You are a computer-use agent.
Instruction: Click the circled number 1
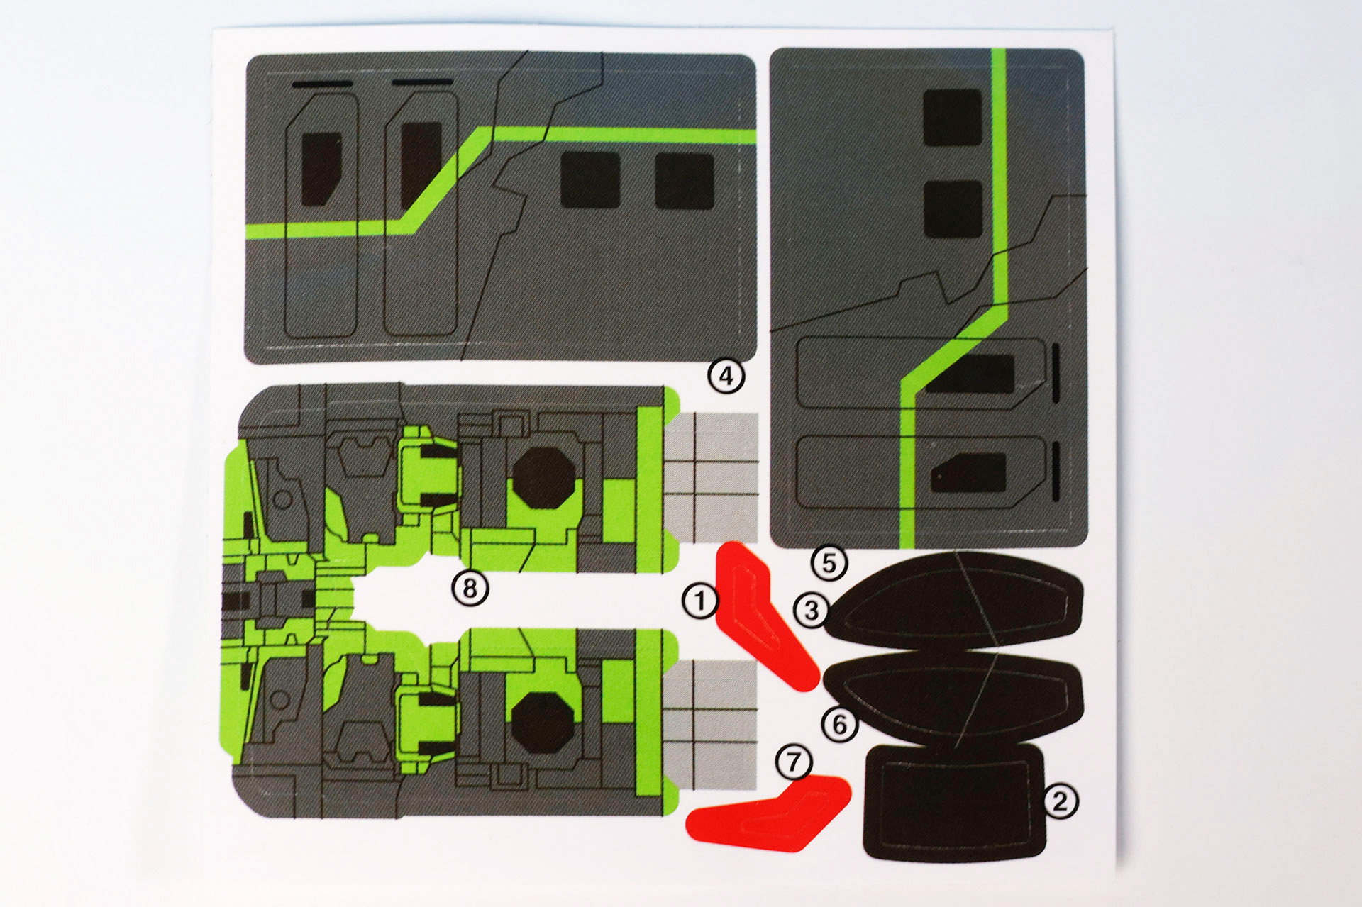(x=700, y=601)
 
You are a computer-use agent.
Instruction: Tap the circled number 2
(x=1060, y=801)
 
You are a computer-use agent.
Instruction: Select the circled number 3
(x=812, y=610)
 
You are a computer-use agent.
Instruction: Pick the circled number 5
(x=829, y=563)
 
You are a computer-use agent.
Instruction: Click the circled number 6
(x=839, y=724)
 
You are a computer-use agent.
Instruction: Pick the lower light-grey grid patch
(x=711, y=724)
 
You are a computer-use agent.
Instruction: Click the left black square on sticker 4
(x=590, y=180)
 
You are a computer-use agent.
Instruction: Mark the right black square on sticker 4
(x=684, y=181)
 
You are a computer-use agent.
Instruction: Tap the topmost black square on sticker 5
(x=953, y=118)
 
